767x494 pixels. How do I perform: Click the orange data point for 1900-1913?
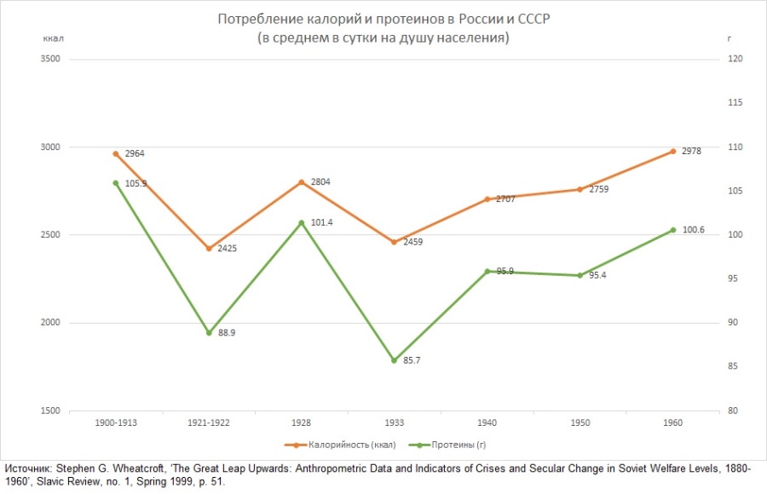tap(115, 154)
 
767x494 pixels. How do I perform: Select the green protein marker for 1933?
tap(394, 360)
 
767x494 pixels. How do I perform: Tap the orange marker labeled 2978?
tap(672, 152)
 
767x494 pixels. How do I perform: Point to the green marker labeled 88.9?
tap(208, 333)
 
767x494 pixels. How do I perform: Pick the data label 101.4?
tap(321, 224)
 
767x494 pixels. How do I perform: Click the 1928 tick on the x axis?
tap(301, 422)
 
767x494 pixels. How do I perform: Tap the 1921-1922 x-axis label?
tap(208, 422)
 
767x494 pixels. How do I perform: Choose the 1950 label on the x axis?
tap(580, 422)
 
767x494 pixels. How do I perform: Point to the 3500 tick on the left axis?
tap(50, 60)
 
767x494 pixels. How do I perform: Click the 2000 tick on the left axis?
tap(50, 323)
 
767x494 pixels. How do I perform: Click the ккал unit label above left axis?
tap(53, 38)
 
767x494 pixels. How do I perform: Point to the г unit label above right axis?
tap(729, 38)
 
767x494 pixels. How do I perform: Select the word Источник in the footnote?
tap(26, 469)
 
